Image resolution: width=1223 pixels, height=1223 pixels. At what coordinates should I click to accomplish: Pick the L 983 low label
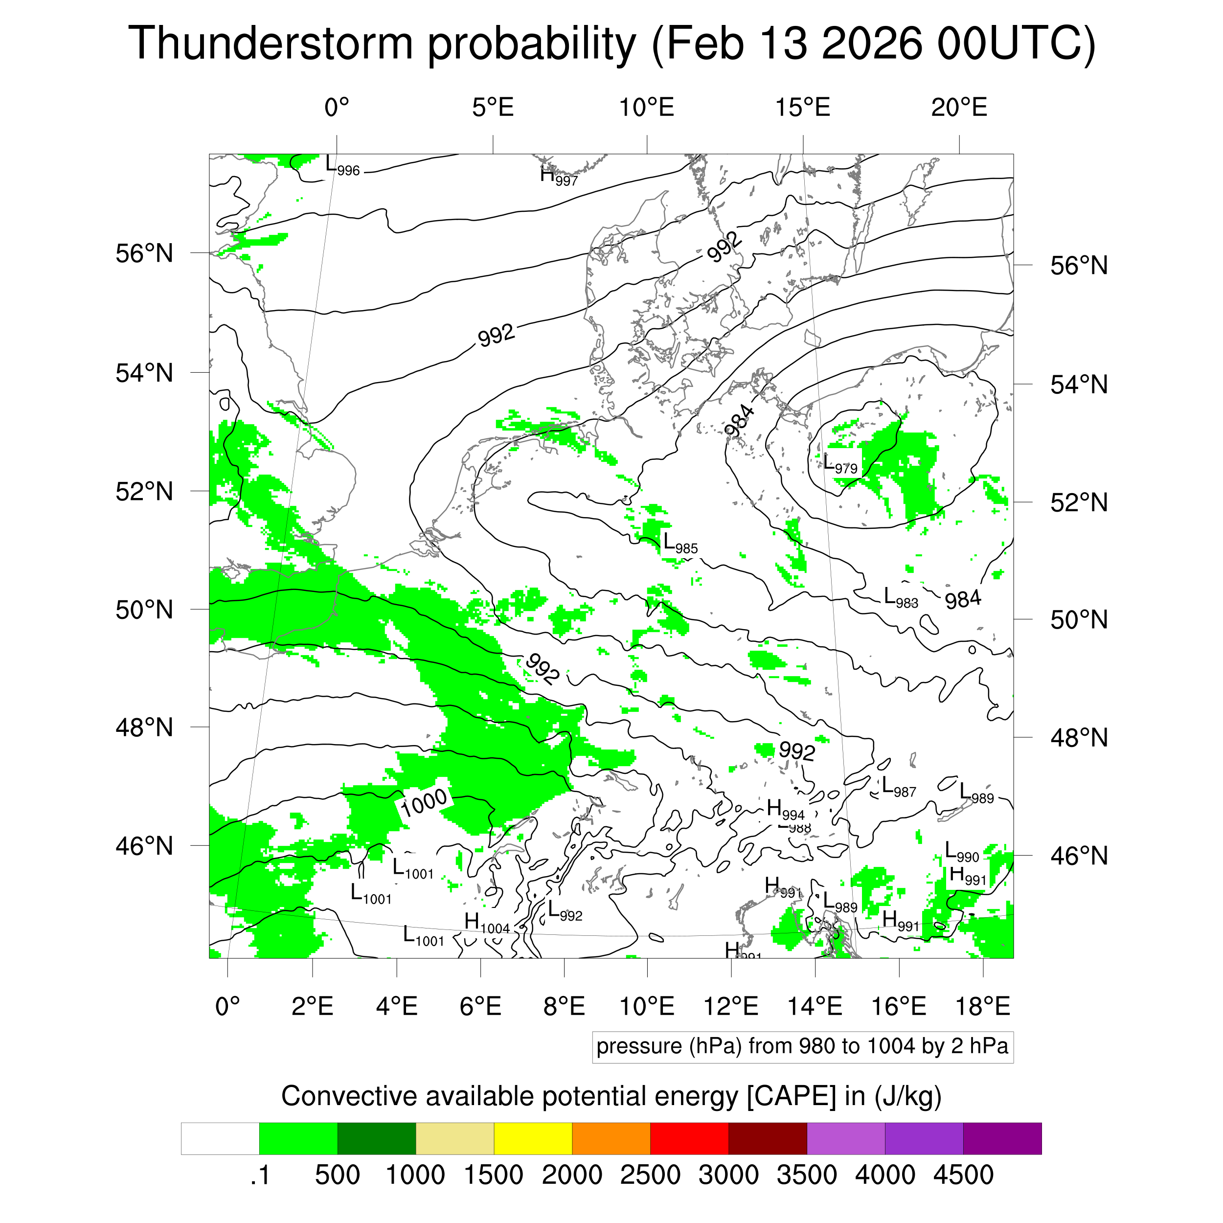[x=900, y=598]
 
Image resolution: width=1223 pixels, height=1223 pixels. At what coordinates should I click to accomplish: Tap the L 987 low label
[x=898, y=788]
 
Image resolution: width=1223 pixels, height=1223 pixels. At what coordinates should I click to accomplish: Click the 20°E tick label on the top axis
[x=958, y=108]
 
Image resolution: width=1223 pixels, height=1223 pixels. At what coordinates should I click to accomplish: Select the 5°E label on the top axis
[x=493, y=108]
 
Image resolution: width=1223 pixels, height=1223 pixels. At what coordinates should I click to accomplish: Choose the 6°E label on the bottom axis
[x=480, y=1006]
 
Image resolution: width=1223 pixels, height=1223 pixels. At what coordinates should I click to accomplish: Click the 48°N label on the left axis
[x=144, y=727]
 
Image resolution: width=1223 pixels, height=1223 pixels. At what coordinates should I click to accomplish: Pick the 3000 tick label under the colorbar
[x=728, y=1175]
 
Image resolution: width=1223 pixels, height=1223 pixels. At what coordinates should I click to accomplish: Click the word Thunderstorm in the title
[x=271, y=43]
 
